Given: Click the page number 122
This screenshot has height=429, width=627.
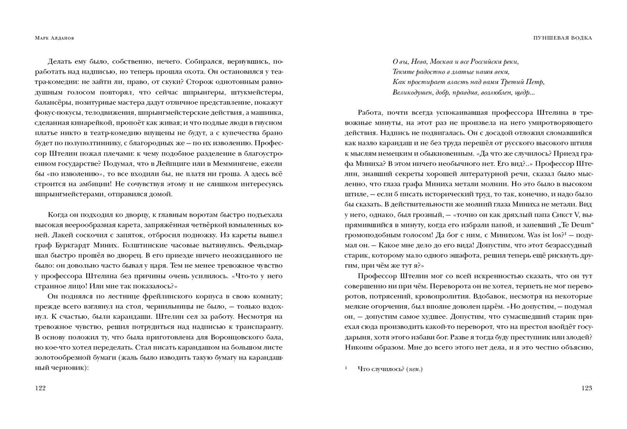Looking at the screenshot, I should [40, 388].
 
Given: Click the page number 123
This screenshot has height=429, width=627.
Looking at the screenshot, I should [587, 388].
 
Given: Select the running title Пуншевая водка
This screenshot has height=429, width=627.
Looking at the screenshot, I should [565, 39].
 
